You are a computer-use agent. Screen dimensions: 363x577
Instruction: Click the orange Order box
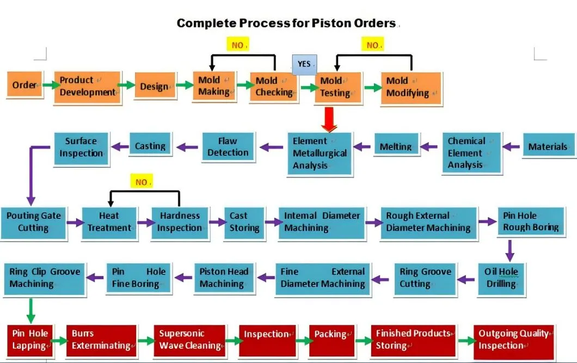pyautogui.click(x=24, y=85)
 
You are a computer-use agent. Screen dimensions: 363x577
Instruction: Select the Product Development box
pyautogui.click(x=87, y=87)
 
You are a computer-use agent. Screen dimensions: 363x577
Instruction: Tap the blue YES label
pyautogui.click(x=304, y=64)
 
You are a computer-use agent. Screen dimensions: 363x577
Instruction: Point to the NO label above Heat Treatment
pyautogui.click(x=142, y=182)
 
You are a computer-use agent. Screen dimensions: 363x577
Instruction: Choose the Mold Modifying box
pyautogui.click(x=411, y=87)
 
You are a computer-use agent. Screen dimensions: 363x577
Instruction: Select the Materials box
pyautogui.click(x=548, y=146)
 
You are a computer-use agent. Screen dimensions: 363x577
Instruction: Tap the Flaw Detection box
pyautogui.click(x=228, y=146)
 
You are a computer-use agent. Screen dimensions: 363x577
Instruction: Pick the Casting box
pyautogui.click(x=150, y=146)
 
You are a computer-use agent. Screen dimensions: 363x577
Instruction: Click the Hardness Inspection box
pyautogui.click(x=180, y=222)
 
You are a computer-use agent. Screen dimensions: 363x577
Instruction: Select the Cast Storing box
pyautogui.click(x=244, y=222)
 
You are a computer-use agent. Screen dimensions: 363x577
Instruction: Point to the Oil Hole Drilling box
pyautogui.click(x=501, y=278)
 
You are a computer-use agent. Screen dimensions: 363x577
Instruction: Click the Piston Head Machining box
pyautogui.click(x=224, y=278)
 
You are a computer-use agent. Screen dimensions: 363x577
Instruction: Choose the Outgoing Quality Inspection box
pyautogui.click(x=513, y=340)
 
